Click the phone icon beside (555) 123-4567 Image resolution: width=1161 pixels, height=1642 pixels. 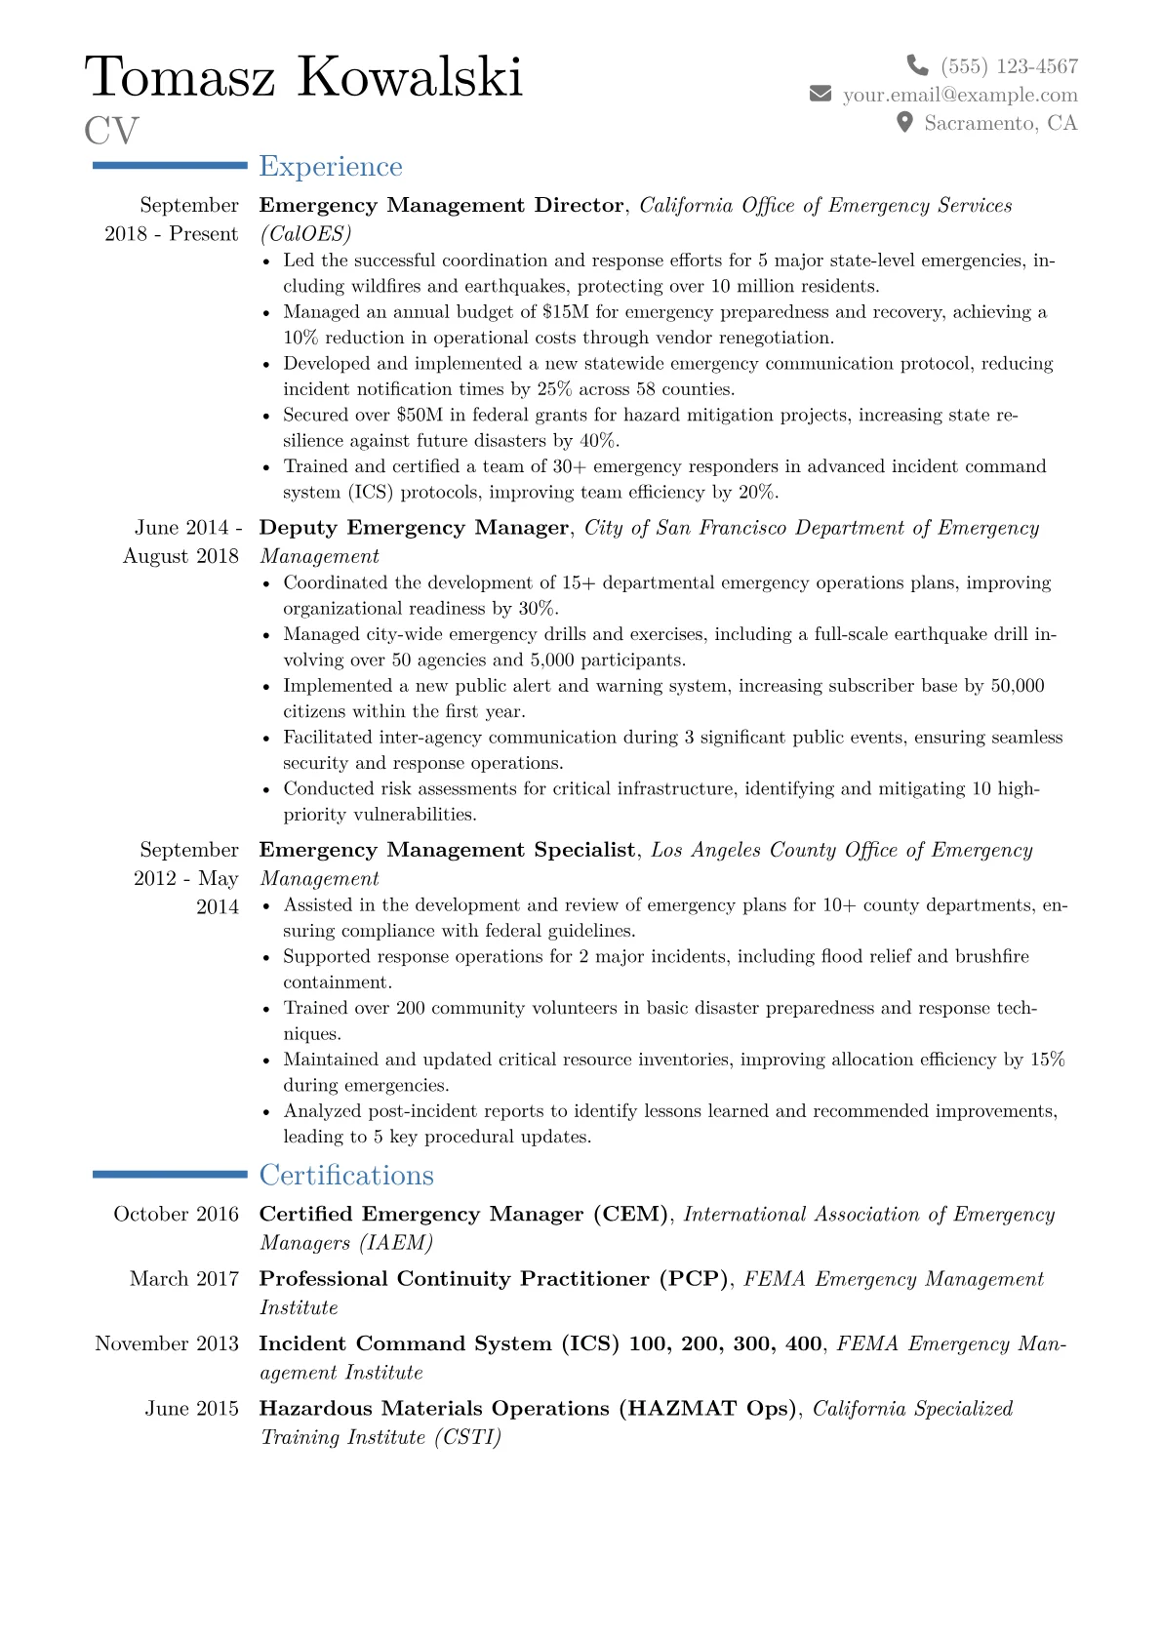click(x=917, y=65)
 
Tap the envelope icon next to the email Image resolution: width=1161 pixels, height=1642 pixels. click(x=821, y=94)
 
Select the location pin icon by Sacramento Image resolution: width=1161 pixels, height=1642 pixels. click(x=904, y=122)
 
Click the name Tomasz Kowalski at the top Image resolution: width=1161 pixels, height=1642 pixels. click(x=304, y=77)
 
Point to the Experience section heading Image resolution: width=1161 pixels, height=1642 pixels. click(x=331, y=167)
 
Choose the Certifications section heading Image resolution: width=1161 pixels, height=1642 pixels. click(x=346, y=1175)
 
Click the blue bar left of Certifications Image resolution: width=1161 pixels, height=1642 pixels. click(x=170, y=1175)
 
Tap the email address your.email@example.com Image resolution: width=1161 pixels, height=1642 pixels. click(x=960, y=95)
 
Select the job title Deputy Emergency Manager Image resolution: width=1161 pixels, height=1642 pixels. click(x=414, y=528)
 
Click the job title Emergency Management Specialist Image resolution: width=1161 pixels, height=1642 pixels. click(x=447, y=850)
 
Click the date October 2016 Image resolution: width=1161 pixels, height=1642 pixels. click(x=176, y=1214)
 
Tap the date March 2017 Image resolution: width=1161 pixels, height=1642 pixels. click(x=183, y=1278)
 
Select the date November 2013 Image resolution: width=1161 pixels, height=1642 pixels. click(x=167, y=1343)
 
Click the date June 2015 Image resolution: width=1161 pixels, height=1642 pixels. click(x=191, y=1408)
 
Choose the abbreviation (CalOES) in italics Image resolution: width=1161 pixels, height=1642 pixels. click(x=305, y=234)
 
